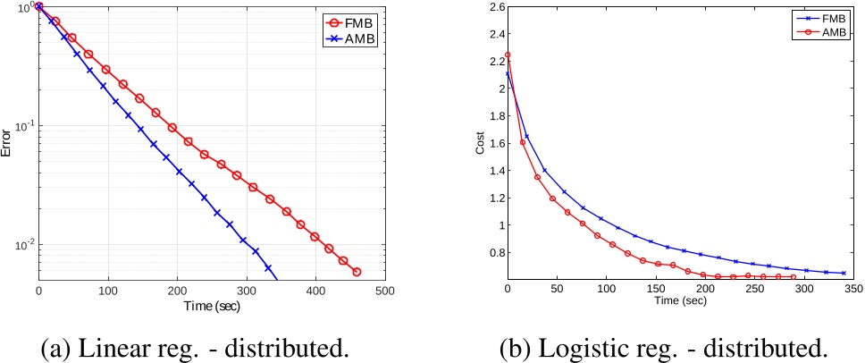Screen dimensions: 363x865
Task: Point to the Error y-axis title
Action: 7,142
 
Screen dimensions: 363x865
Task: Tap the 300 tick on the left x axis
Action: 248,291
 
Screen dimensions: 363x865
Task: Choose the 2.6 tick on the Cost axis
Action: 494,7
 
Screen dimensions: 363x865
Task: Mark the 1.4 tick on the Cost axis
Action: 494,171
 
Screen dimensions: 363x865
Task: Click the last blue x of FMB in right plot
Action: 844,273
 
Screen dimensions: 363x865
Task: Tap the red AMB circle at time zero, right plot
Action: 508,55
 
